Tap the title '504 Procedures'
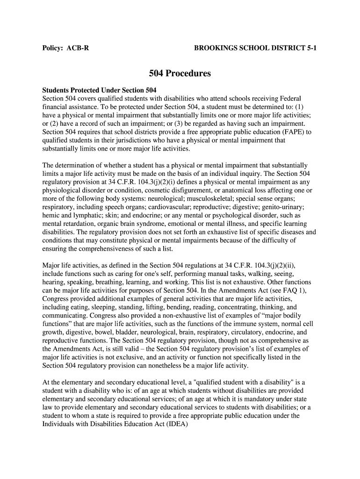180,73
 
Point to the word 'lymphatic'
85,216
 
